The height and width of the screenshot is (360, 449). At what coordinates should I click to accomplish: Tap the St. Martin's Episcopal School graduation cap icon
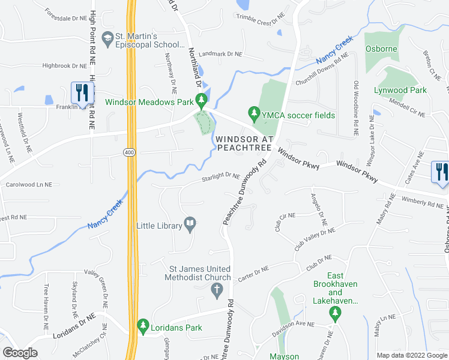click(108, 38)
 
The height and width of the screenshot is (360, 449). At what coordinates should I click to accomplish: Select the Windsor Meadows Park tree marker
click(203, 100)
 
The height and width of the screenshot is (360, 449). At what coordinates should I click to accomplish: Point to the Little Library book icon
click(190, 225)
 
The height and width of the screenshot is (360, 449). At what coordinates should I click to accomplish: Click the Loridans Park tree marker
click(143, 326)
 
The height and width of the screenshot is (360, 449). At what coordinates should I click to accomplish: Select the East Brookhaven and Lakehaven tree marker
click(335, 312)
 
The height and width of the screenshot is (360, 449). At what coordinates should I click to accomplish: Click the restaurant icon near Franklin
click(80, 92)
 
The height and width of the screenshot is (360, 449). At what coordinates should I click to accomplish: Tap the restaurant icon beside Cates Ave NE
click(440, 171)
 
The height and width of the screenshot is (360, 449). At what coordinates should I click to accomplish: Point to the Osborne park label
click(382, 49)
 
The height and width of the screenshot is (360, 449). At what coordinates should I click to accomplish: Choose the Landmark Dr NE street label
click(220, 54)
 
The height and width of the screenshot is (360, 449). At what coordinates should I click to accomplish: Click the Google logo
click(20, 353)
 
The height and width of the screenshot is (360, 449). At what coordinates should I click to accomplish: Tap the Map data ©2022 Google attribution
click(411, 355)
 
